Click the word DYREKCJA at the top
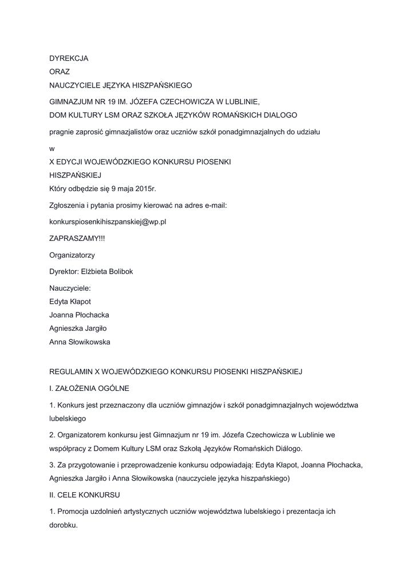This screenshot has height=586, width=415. click(x=69, y=58)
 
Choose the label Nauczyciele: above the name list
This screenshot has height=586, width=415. click(x=70, y=288)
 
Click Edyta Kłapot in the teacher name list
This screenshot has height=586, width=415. click(x=70, y=302)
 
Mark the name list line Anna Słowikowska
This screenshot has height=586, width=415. click(x=80, y=342)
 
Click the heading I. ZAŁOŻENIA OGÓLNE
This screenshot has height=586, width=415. click(x=89, y=389)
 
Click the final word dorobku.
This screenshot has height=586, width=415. click(x=64, y=524)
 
